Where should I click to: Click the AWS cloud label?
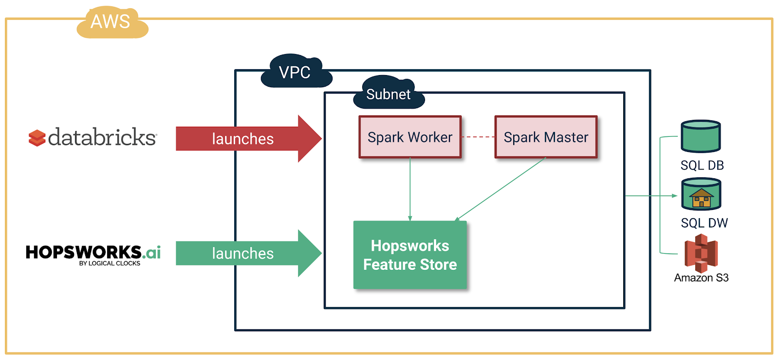pos(111,22)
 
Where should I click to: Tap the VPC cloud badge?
pos(295,72)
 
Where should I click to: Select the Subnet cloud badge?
pos(388,94)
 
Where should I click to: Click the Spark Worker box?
pos(410,137)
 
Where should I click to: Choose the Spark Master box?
pos(546,137)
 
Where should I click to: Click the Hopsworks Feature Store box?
pos(410,255)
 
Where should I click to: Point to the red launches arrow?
pos(243,139)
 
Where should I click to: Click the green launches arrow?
pos(243,253)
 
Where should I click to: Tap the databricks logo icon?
pos(37,138)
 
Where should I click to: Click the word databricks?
pos(102,137)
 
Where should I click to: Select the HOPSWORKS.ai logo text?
pos(93,252)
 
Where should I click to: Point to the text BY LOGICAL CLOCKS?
pos(110,264)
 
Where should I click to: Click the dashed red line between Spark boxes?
pos(478,137)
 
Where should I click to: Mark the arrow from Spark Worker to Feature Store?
pos(410,190)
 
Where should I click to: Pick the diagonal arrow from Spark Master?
pos(501,189)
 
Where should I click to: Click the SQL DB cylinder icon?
pos(701,136)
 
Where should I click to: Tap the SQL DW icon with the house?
pos(701,194)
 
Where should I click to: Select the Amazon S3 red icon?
pos(701,253)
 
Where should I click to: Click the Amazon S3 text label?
pos(701,278)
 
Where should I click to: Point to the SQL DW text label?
pos(704,223)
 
